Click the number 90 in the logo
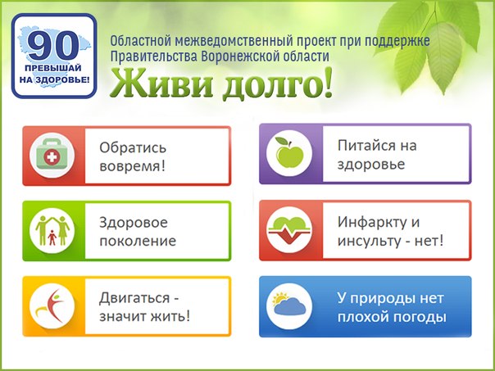pyautogui.click(x=53, y=46)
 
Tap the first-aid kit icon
pyautogui.click(x=52, y=156)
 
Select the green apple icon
pyautogui.click(x=289, y=152)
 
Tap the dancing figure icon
pyautogui.click(x=52, y=305)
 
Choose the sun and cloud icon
pyautogui.click(x=289, y=304)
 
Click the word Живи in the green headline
pyautogui.click(x=161, y=84)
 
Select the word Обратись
pyautogui.click(x=133, y=147)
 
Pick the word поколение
pyautogui.click(x=138, y=241)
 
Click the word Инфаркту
pyautogui.click(x=372, y=223)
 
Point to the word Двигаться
pyautogui.click(x=134, y=298)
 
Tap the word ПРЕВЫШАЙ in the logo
pyautogui.click(x=53, y=68)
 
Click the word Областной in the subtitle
pyautogui.click(x=141, y=41)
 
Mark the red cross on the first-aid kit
pyautogui.click(x=52, y=156)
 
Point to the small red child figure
pyautogui.click(x=52, y=238)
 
